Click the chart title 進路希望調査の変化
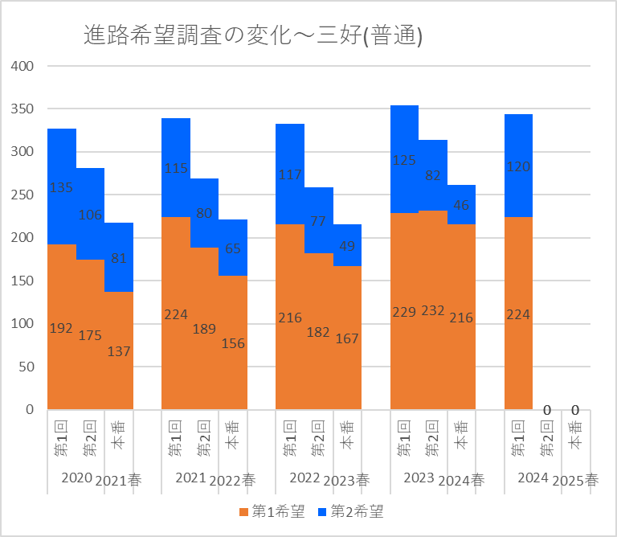pos(253,35)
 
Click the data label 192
pos(62,328)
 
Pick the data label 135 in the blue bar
pos(62,187)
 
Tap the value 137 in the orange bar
pos(119,351)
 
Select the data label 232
pos(433,311)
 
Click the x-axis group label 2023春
pos(346,481)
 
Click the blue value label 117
pos(290,174)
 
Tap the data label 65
pos(233,248)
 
